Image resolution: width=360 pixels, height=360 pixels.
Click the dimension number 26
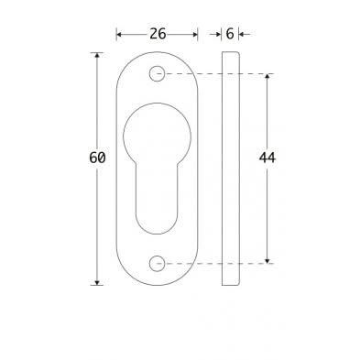(158, 34)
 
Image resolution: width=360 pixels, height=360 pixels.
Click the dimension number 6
(230, 34)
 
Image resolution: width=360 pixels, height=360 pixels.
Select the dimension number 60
(97, 158)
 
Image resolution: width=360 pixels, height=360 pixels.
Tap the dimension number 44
(267, 158)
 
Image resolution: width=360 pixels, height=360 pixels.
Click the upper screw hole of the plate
(157, 73)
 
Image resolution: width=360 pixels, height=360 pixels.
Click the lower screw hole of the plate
(157, 264)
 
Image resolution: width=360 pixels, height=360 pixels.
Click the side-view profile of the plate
(231, 169)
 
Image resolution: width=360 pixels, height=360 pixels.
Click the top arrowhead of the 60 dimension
(97, 55)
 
